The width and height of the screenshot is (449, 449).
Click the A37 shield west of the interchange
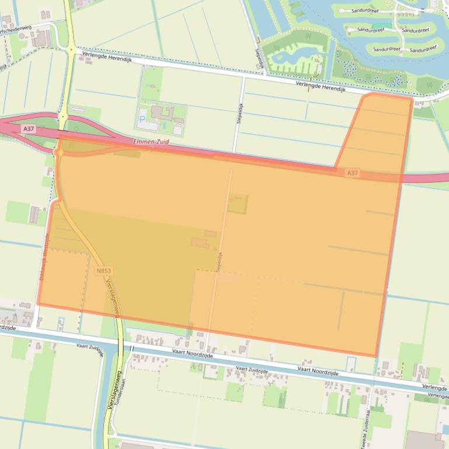click(x=28, y=128)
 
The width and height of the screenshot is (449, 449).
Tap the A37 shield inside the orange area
click(x=351, y=173)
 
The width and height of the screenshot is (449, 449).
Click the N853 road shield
click(x=104, y=271)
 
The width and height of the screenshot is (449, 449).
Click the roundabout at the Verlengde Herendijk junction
click(x=71, y=49)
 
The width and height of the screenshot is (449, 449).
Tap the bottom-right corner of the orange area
click(x=375, y=356)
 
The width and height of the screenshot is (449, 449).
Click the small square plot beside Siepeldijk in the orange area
click(x=237, y=204)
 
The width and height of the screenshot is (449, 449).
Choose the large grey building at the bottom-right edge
click(x=425, y=440)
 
